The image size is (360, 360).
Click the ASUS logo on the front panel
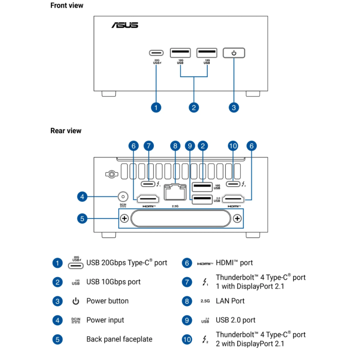[x=124, y=25]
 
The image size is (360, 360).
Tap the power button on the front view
[x=234, y=52]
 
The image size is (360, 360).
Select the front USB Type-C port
[x=156, y=52]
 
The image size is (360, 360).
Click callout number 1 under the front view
[x=156, y=107]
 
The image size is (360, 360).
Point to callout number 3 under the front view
[x=234, y=107]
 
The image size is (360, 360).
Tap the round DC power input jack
[x=123, y=196]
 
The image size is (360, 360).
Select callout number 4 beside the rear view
[x=82, y=196]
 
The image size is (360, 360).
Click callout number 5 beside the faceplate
[x=82, y=219]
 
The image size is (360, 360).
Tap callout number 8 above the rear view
[x=175, y=146]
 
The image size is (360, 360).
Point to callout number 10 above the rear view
[x=233, y=146]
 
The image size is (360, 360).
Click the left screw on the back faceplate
[x=124, y=219]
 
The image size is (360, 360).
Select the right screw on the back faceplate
[x=237, y=219]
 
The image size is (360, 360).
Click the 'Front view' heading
[x=67, y=5]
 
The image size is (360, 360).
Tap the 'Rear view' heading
[x=66, y=131]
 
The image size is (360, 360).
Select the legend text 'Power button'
[x=107, y=301]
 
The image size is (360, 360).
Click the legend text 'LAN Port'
[x=230, y=301]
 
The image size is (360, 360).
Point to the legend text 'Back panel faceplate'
[x=119, y=339]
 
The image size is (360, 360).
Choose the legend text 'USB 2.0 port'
[x=236, y=320]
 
